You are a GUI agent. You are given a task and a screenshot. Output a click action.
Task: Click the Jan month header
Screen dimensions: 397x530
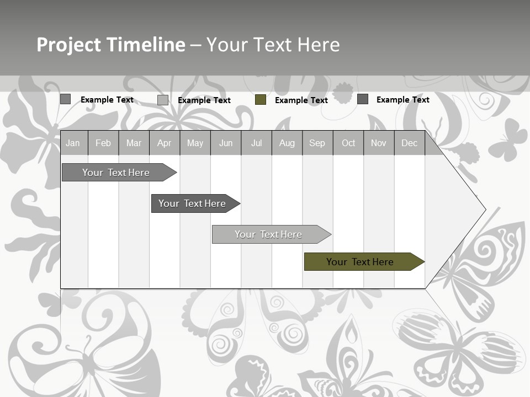[73, 143]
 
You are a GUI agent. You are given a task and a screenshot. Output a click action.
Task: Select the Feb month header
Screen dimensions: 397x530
[103, 143]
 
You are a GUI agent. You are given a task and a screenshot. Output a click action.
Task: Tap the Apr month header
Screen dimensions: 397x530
[164, 143]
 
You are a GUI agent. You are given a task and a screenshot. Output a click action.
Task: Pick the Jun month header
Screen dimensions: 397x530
[226, 143]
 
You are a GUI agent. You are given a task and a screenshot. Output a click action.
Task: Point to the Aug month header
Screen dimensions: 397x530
[287, 143]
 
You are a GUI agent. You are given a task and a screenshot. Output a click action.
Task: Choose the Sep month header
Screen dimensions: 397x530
[317, 143]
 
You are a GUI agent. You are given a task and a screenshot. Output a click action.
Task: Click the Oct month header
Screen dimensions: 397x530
[348, 143]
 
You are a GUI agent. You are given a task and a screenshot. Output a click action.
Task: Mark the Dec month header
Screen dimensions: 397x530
[409, 143]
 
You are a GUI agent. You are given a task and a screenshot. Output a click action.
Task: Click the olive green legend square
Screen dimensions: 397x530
[261, 100]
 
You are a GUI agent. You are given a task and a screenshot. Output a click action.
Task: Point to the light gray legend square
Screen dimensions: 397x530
[163, 100]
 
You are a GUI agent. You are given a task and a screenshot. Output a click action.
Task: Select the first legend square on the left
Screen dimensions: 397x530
[65, 99]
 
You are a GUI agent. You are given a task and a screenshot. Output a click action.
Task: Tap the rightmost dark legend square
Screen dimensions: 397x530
[363, 99]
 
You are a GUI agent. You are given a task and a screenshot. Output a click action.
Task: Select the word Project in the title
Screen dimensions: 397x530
[69, 45]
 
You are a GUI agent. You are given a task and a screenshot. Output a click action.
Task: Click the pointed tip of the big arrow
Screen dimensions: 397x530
[484, 210]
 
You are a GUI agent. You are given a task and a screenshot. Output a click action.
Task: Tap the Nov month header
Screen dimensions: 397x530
[379, 143]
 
